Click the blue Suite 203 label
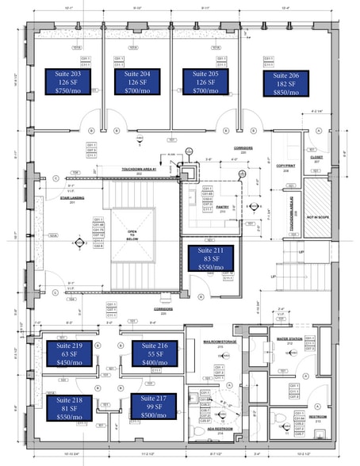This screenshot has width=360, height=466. click(x=69, y=82)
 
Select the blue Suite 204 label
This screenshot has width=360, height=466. click(x=138, y=82)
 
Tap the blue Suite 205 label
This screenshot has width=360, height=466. click(x=205, y=82)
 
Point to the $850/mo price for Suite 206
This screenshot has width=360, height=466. click(x=286, y=93)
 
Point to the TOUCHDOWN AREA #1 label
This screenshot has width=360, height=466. click(x=139, y=170)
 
